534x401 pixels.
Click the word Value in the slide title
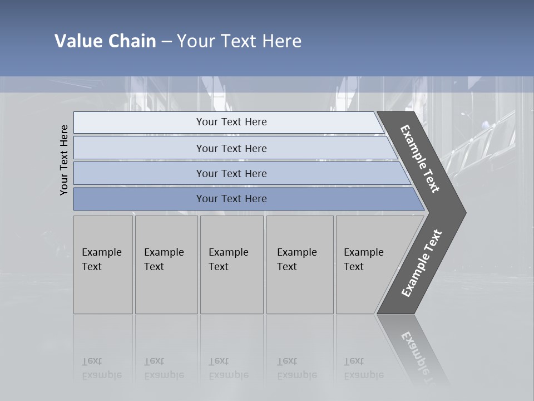[x=78, y=41]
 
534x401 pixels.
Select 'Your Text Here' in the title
[x=239, y=41]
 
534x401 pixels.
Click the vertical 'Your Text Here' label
[x=64, y=160]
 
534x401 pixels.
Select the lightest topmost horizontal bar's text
[x=231, y=122]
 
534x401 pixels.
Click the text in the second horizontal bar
[x=231, y=149]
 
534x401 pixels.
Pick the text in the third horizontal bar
[x=231, y=174]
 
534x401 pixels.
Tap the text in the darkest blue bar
[x=231, y=199]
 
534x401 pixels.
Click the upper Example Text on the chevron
[x=420, y=159]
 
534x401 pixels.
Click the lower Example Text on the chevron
[x=421, y=263]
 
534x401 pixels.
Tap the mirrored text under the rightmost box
[x=363, y=368]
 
